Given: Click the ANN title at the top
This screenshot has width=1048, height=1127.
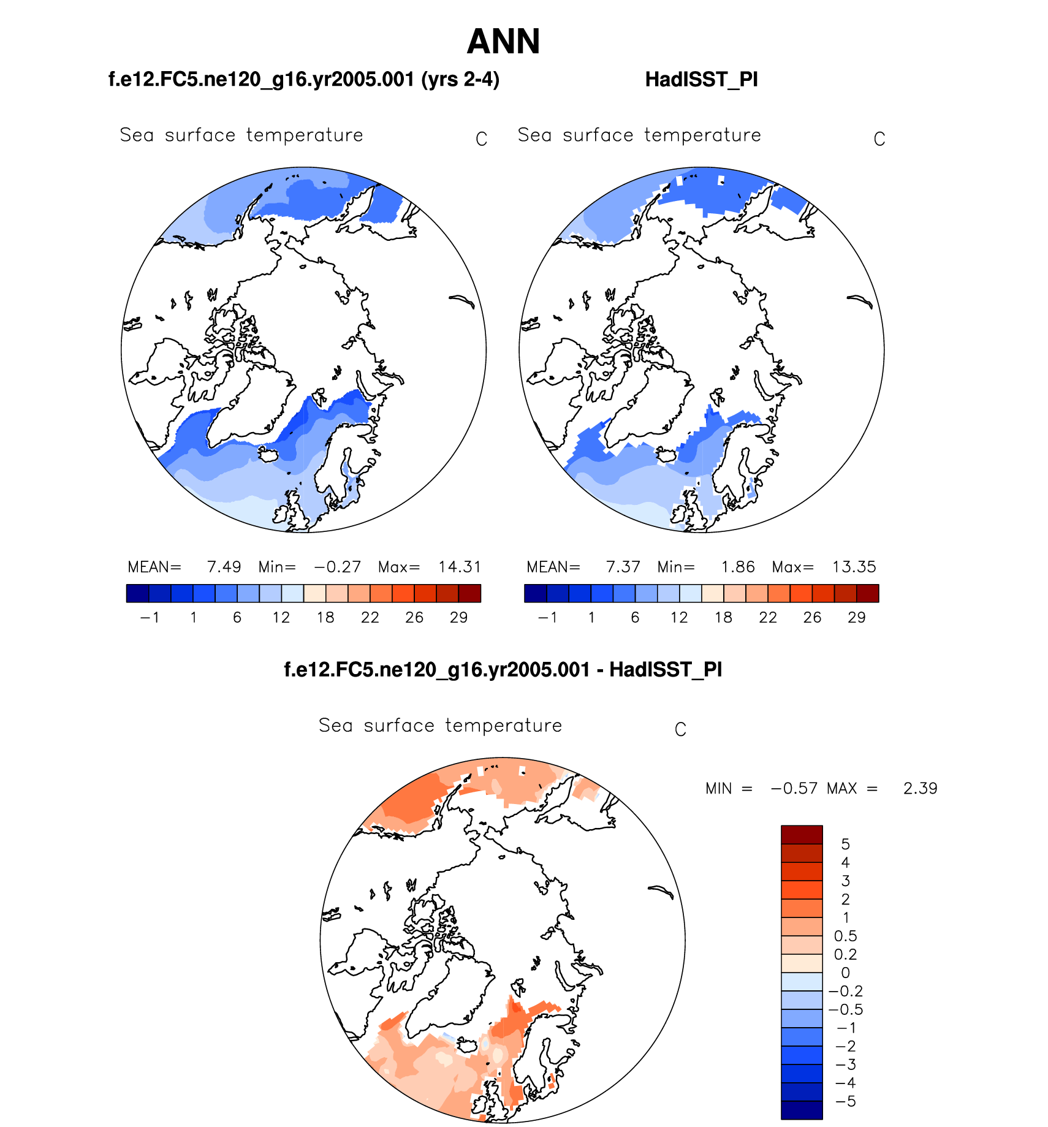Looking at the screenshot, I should [503, 42].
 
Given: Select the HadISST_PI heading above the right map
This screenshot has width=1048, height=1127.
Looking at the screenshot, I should [701, 80].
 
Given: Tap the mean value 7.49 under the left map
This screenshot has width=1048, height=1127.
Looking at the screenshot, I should [224, 567].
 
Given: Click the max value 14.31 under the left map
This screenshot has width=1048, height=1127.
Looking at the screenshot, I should [460, 567].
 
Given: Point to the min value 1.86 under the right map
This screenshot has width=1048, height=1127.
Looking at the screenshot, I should [738, 567].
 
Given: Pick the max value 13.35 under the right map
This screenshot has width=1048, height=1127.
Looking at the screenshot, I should [854, 567].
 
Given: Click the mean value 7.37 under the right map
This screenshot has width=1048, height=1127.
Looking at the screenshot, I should [623, 567].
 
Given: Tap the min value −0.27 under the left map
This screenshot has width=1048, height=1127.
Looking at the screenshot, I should [338, 567].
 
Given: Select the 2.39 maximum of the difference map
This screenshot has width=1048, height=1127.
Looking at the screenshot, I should [920, 788].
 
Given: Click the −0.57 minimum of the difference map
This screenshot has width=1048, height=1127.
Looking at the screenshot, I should [794, 788].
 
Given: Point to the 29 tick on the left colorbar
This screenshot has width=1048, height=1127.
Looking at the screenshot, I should [458, 617].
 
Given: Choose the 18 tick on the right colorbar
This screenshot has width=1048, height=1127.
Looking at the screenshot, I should [723, 617].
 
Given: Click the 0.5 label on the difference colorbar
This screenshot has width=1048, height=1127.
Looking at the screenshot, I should [845, 936].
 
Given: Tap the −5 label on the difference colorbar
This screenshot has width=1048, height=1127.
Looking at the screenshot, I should [845, 1101].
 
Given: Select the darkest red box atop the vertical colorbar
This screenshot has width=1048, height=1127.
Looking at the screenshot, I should [802, 834].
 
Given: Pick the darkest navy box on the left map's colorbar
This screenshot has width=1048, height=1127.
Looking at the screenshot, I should [137, 593].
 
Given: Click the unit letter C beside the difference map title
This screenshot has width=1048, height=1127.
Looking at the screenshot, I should [680, 729].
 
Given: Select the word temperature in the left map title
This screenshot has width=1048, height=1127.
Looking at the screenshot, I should [305, 135].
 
